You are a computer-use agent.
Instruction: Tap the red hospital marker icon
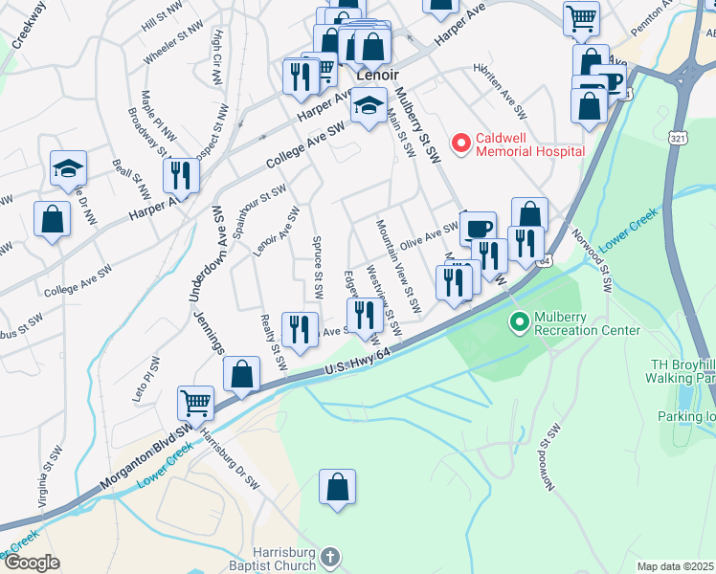(x=461, y=144)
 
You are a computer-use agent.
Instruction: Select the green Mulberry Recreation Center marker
(x=521, y=321)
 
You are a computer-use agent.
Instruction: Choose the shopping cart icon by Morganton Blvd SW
(x=196, y=403)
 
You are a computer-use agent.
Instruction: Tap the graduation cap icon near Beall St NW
(x=69, y=168)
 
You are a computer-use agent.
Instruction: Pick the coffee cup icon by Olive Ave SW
(x=478, y=229)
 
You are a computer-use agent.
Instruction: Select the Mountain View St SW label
(x=399, y=267)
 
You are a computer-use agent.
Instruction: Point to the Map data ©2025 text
(x=676, y=566)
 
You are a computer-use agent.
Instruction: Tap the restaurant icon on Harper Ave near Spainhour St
(x=179, y=175)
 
